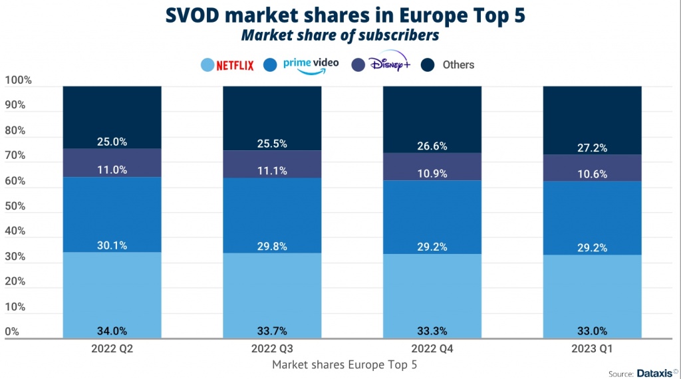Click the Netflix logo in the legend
235,65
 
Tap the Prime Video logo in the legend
311,64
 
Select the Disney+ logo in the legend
391,64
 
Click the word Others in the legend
458,64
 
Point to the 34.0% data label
112,331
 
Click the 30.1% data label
112,245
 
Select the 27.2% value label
592,148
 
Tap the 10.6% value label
592,174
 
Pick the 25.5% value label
272,144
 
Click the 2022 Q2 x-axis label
112,350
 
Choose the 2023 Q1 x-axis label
592,350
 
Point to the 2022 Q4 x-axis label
432,350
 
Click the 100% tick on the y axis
18,80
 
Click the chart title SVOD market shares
340,15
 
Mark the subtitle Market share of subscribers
340,35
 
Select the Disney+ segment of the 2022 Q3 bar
272,164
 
